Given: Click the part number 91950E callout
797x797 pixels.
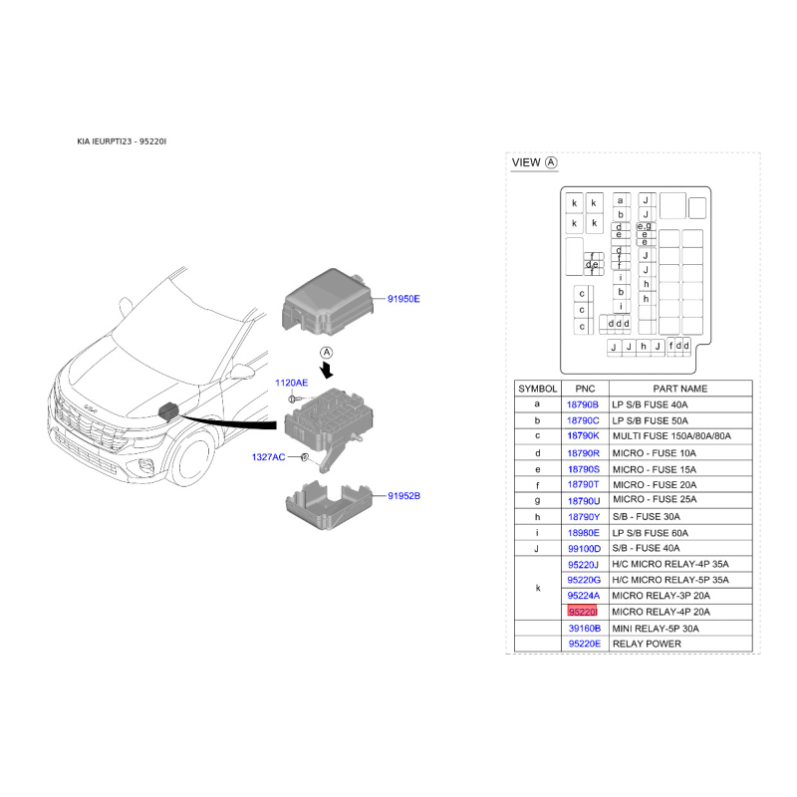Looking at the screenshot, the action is [403, 299].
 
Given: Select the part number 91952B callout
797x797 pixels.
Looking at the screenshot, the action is [404, 495].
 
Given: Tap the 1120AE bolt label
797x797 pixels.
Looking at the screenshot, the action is [291, 383].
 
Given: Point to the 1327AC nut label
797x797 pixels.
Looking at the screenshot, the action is [268, 457].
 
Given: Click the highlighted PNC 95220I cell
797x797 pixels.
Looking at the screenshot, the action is [583, 612].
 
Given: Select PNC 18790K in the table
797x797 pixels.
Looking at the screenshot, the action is [583, 436].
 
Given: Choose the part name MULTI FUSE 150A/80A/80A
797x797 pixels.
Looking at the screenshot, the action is [671, 436].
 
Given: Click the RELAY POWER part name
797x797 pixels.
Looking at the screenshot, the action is [647, 644].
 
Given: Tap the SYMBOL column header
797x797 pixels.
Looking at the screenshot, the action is [538, 389].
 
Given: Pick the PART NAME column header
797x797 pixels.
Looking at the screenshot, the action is [680, 389].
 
